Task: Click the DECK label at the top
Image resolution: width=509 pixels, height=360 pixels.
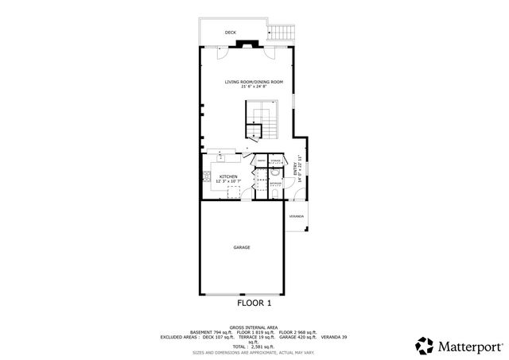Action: [231, 33]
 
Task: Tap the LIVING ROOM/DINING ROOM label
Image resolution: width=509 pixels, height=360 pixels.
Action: [254, 82]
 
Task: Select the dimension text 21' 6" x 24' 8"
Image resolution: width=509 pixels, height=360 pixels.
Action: [254, 87]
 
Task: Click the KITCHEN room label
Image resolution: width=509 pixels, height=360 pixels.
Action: [228, 176]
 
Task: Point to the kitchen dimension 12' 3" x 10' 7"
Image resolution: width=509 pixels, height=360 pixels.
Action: [228, 181]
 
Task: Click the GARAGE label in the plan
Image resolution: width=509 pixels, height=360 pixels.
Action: [242, 247]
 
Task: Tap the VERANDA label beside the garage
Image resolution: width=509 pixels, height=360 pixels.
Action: [296, 216]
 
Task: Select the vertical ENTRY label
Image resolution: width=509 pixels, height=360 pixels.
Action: [295, 169]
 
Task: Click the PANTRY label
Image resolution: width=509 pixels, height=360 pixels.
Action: [260, 161]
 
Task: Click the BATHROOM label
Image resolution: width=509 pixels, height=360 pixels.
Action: [275, 184]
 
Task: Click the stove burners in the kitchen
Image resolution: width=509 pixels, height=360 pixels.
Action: [207, 176]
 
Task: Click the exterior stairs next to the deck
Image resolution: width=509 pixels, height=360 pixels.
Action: [281, 33]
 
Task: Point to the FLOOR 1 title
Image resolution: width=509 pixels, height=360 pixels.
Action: [254, 303]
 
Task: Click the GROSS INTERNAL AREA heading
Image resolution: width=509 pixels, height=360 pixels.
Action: [254, 327]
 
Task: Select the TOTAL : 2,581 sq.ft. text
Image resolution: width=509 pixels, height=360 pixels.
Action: [254, 346]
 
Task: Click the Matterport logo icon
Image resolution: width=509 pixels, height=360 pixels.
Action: [423, 345]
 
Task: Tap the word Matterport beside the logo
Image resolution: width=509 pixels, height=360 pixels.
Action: [468, 346]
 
